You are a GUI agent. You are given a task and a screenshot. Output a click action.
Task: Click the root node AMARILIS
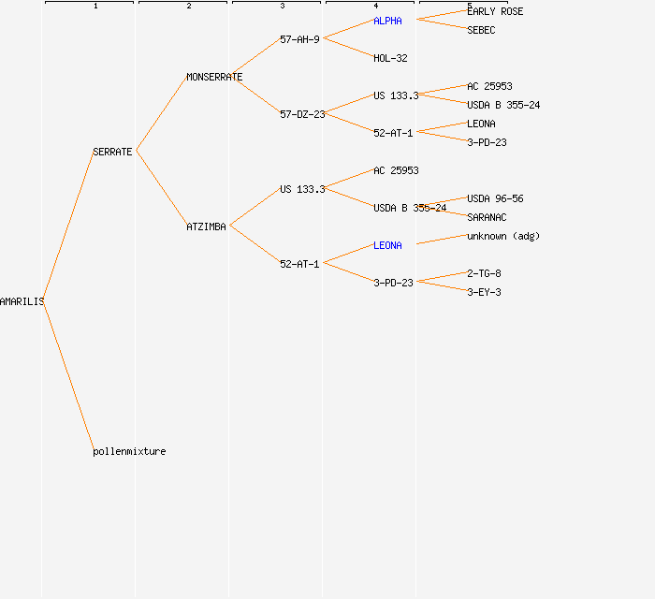(x=22, y=301)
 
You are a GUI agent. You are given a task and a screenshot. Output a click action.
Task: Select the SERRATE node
(x=112, y=152)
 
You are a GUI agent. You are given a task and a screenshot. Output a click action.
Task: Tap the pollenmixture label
(x=129, y=451)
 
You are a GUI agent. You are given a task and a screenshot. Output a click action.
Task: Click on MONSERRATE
(x=214, y=77)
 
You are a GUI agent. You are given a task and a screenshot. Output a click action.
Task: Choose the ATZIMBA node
(x=206, y=226)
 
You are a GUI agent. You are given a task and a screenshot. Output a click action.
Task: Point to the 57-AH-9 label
(x=299, y=39)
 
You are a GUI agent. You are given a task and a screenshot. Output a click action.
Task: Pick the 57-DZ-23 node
(x=302, y=114)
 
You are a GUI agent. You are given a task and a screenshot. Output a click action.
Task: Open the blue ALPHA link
(x=387, y=21)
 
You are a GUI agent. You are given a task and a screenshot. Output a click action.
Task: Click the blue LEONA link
(x=387, y=245)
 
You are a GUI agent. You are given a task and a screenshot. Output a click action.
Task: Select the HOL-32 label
(x=390, y=58)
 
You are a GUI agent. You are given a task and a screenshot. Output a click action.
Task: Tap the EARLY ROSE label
(x=495, y=11)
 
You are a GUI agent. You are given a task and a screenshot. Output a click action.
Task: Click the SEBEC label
(x=481, y=30)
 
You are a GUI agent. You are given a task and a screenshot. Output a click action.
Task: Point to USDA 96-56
(x=495, y=198)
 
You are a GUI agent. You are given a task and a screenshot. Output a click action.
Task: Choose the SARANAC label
(x=487, y=217)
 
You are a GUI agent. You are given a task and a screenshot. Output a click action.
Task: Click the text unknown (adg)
(x=503, y=236)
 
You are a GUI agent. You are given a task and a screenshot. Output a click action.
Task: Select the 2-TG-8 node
(x=484, y=273)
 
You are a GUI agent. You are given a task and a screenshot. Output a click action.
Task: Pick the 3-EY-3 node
(x=484, y=292)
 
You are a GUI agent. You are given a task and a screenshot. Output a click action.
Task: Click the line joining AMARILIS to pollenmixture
(x=68, y=374)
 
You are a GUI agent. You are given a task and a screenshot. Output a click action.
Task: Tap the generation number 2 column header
(x=188, y=7)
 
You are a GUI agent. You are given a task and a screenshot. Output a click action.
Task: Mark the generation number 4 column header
(x=375, y=7)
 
